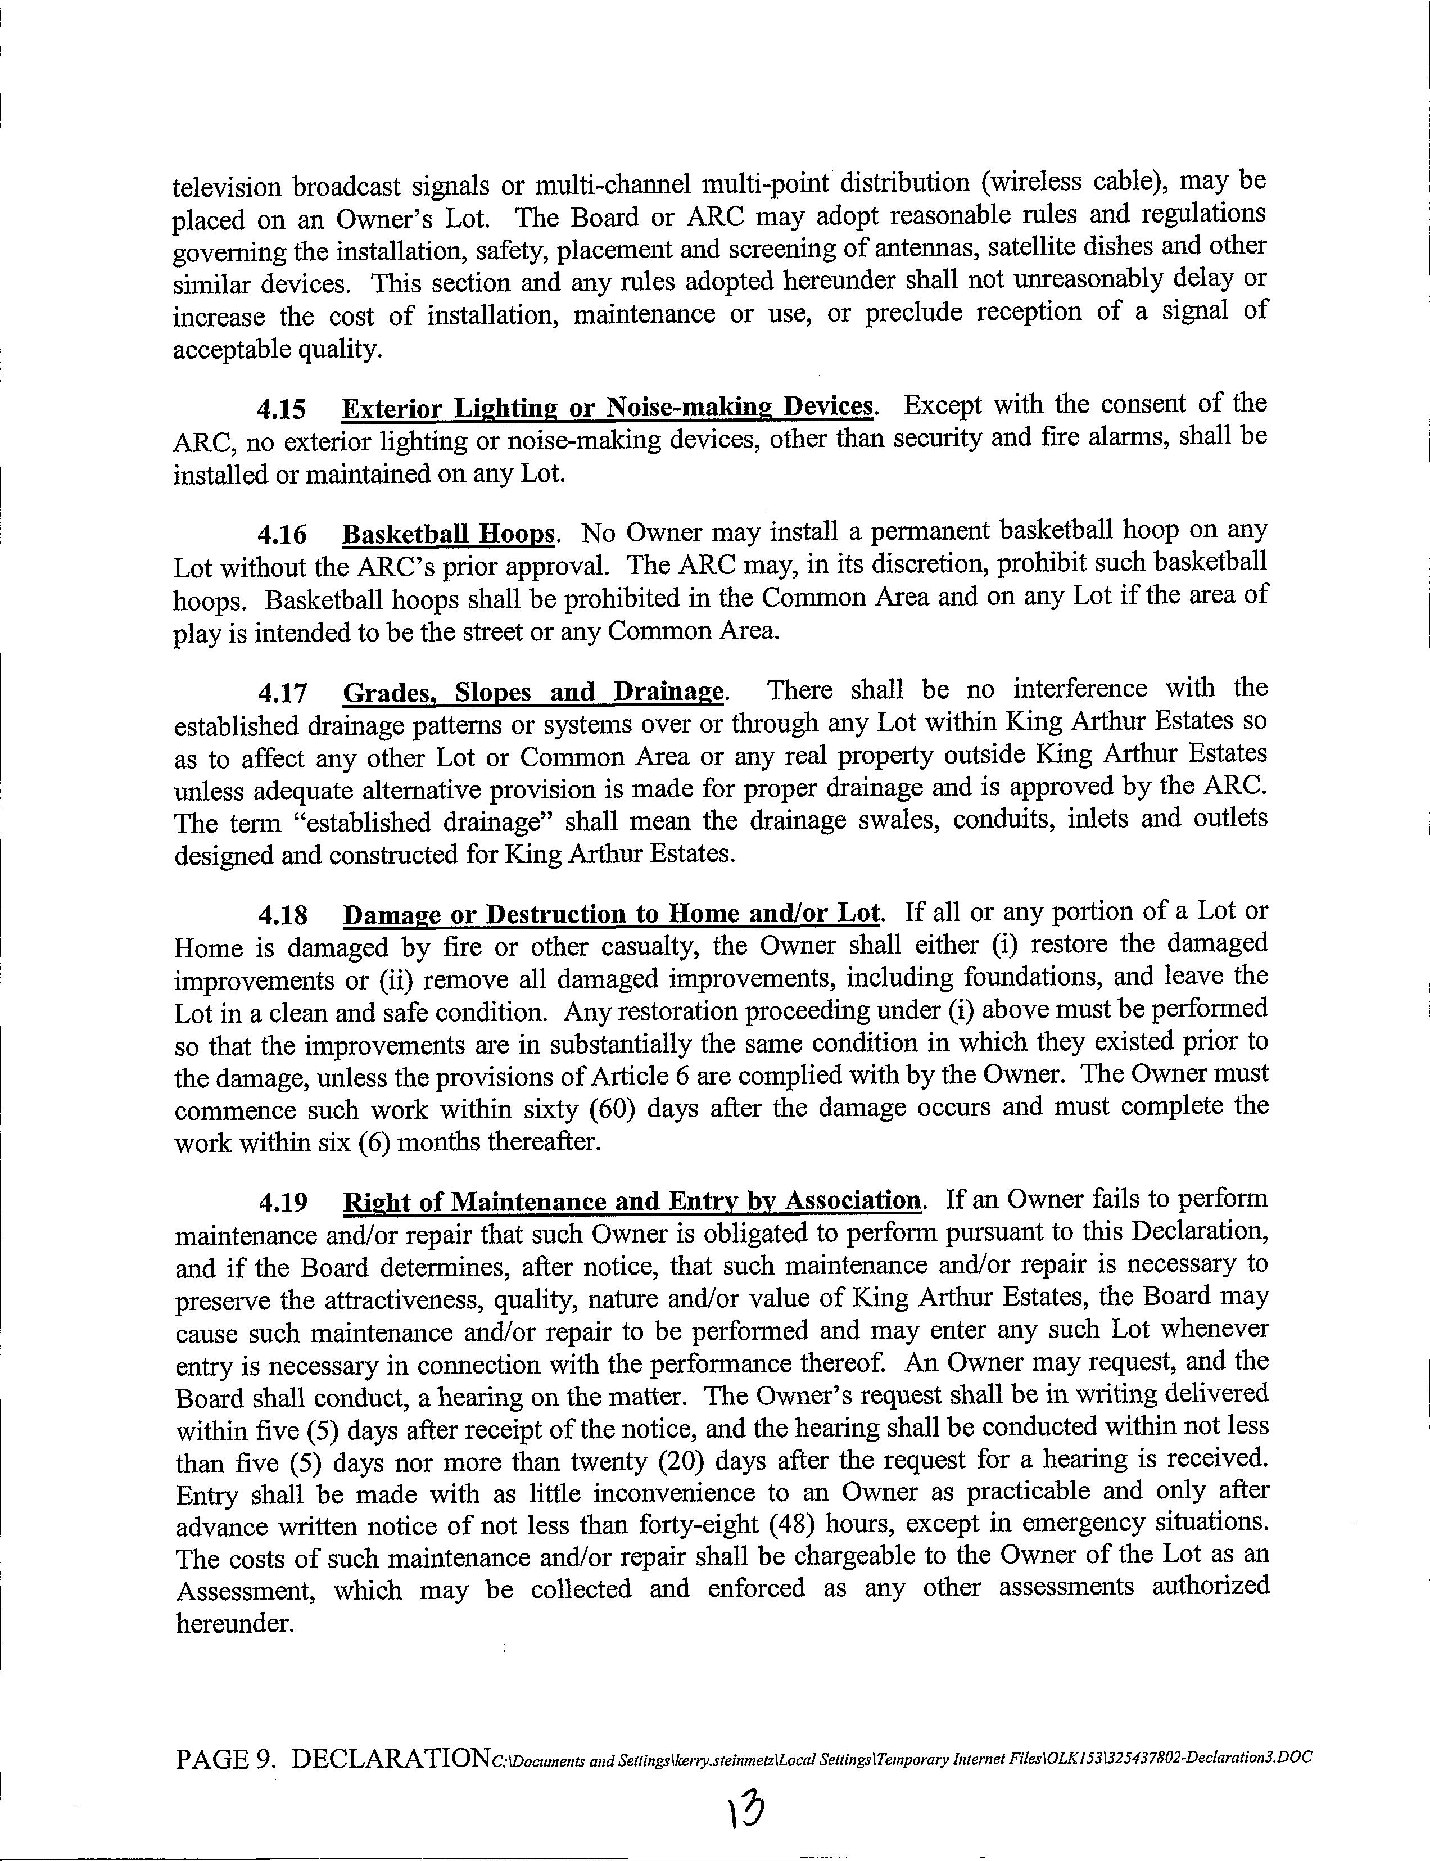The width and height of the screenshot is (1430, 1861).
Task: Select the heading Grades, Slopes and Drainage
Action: (533, 692)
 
